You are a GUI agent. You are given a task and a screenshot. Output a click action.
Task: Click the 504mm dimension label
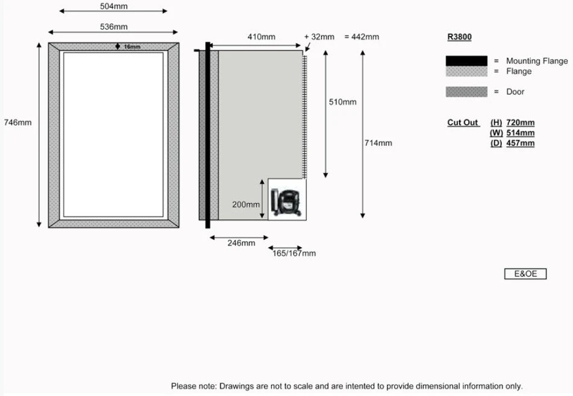[113, 6]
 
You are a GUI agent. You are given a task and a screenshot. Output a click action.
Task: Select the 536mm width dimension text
[113, 27]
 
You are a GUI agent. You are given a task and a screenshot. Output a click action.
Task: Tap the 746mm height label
[17, 122]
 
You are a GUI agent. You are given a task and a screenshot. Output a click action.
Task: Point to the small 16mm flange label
[131, 46]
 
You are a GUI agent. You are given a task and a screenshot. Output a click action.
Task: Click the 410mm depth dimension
[261, 37]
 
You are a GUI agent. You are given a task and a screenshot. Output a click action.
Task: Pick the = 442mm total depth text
[362, 37]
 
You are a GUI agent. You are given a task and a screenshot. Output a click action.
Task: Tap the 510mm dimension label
[342, 102]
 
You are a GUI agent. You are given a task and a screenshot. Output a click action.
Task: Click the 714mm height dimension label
[378, 143]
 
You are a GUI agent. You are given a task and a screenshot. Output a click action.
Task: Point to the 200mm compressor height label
[246, 204]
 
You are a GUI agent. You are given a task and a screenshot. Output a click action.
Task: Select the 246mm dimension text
[241, 243]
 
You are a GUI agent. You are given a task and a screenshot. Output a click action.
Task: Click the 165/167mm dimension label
[294, 253]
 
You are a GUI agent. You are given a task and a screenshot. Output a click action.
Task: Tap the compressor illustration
[286, 201]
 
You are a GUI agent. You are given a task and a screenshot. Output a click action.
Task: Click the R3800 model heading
[459, 37]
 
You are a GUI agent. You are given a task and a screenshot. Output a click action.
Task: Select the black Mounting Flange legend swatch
[466, 61]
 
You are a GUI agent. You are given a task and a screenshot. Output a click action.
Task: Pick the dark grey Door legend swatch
[466, 92]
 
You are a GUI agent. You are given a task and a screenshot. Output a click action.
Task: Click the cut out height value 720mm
[520, 123]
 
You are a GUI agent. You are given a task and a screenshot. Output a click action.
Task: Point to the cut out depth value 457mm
[520, 143]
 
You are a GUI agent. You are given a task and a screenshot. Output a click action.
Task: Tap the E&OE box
[525, 274]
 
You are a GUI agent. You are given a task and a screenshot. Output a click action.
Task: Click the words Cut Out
[463, 123]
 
